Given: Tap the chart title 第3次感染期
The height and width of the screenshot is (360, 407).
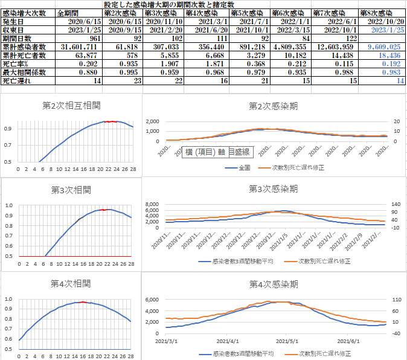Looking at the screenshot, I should (x=273, y=188).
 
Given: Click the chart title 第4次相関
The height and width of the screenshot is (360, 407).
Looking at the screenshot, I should (x=71, y=283).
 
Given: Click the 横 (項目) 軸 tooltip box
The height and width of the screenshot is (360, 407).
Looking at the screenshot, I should (x=217, y=151).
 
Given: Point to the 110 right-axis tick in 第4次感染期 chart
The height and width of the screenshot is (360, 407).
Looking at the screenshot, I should (x=397, y=300).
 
